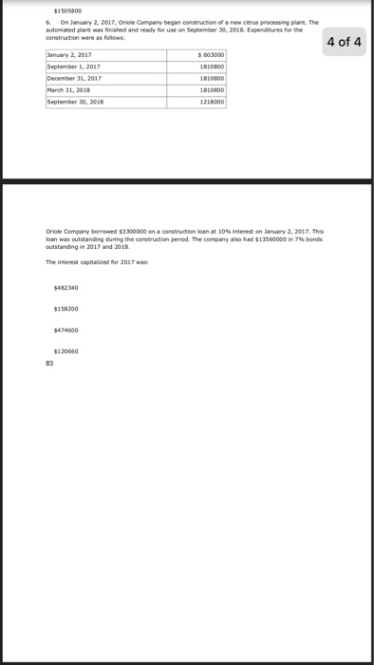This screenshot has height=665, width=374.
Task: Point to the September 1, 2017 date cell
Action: tap(74, 67)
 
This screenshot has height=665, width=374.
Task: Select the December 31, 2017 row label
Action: tap(75, 78)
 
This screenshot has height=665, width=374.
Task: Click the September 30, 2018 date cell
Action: tap(76, 99)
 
